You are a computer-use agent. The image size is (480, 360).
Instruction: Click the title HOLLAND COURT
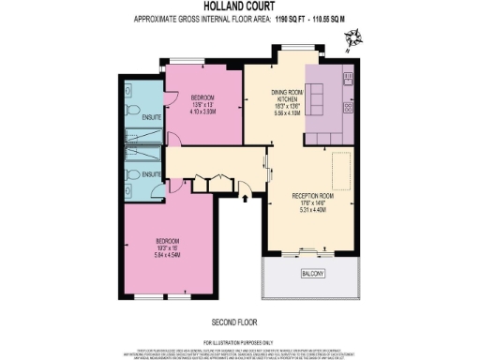click(x=239, y=7)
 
